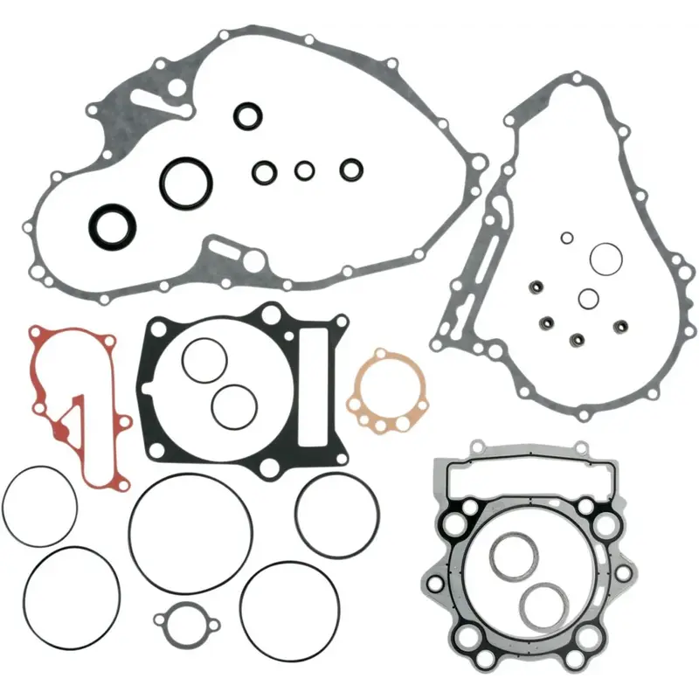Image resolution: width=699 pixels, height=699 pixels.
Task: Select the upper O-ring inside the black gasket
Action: [x=204, y=358]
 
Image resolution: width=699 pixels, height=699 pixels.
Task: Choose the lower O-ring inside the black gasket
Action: [x=233, y=406]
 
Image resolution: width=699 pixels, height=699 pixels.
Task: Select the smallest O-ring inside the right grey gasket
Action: [x=567, y=237]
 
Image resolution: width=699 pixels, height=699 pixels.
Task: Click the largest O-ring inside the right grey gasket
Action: [x=604, y=258]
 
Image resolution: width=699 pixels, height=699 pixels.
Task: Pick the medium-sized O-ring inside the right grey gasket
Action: [x=588, y=298]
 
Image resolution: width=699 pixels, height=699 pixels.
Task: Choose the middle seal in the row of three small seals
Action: [x=304, y=170]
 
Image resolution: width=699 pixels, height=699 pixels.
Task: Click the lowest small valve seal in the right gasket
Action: [x=577, y=338]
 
